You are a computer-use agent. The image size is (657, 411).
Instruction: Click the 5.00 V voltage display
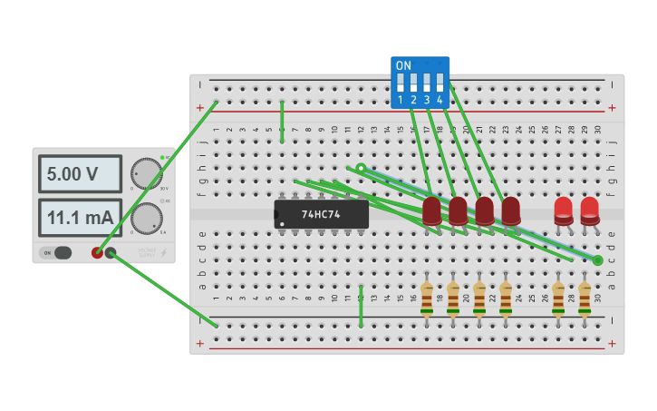80,173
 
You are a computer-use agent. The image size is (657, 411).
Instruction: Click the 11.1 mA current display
80,218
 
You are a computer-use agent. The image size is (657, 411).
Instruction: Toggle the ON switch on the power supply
57,253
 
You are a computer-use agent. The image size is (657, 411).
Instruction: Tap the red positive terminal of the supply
97,253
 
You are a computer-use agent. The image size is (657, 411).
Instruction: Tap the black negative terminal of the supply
111,253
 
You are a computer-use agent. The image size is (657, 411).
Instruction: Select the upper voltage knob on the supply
145,173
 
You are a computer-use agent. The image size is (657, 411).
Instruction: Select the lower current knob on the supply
145,218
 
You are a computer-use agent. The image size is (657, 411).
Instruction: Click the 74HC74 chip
322,214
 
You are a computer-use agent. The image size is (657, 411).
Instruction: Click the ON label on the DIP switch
403,66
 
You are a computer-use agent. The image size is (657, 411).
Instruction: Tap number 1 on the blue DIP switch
401,100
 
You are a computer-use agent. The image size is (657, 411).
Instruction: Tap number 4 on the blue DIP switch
440,100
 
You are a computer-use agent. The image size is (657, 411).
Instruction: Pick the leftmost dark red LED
431,211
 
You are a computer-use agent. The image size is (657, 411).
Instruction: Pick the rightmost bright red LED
590,210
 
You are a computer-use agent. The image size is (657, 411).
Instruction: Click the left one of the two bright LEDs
564,210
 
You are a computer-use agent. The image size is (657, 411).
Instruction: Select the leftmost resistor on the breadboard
426,298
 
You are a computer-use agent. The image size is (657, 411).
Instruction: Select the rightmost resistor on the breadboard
585,298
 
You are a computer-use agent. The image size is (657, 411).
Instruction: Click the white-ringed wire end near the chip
361,168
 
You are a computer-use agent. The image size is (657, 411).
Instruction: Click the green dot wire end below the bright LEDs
598,260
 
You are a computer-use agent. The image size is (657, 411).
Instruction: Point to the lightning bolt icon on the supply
163,253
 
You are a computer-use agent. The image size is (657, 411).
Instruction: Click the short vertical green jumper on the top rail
282,121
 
